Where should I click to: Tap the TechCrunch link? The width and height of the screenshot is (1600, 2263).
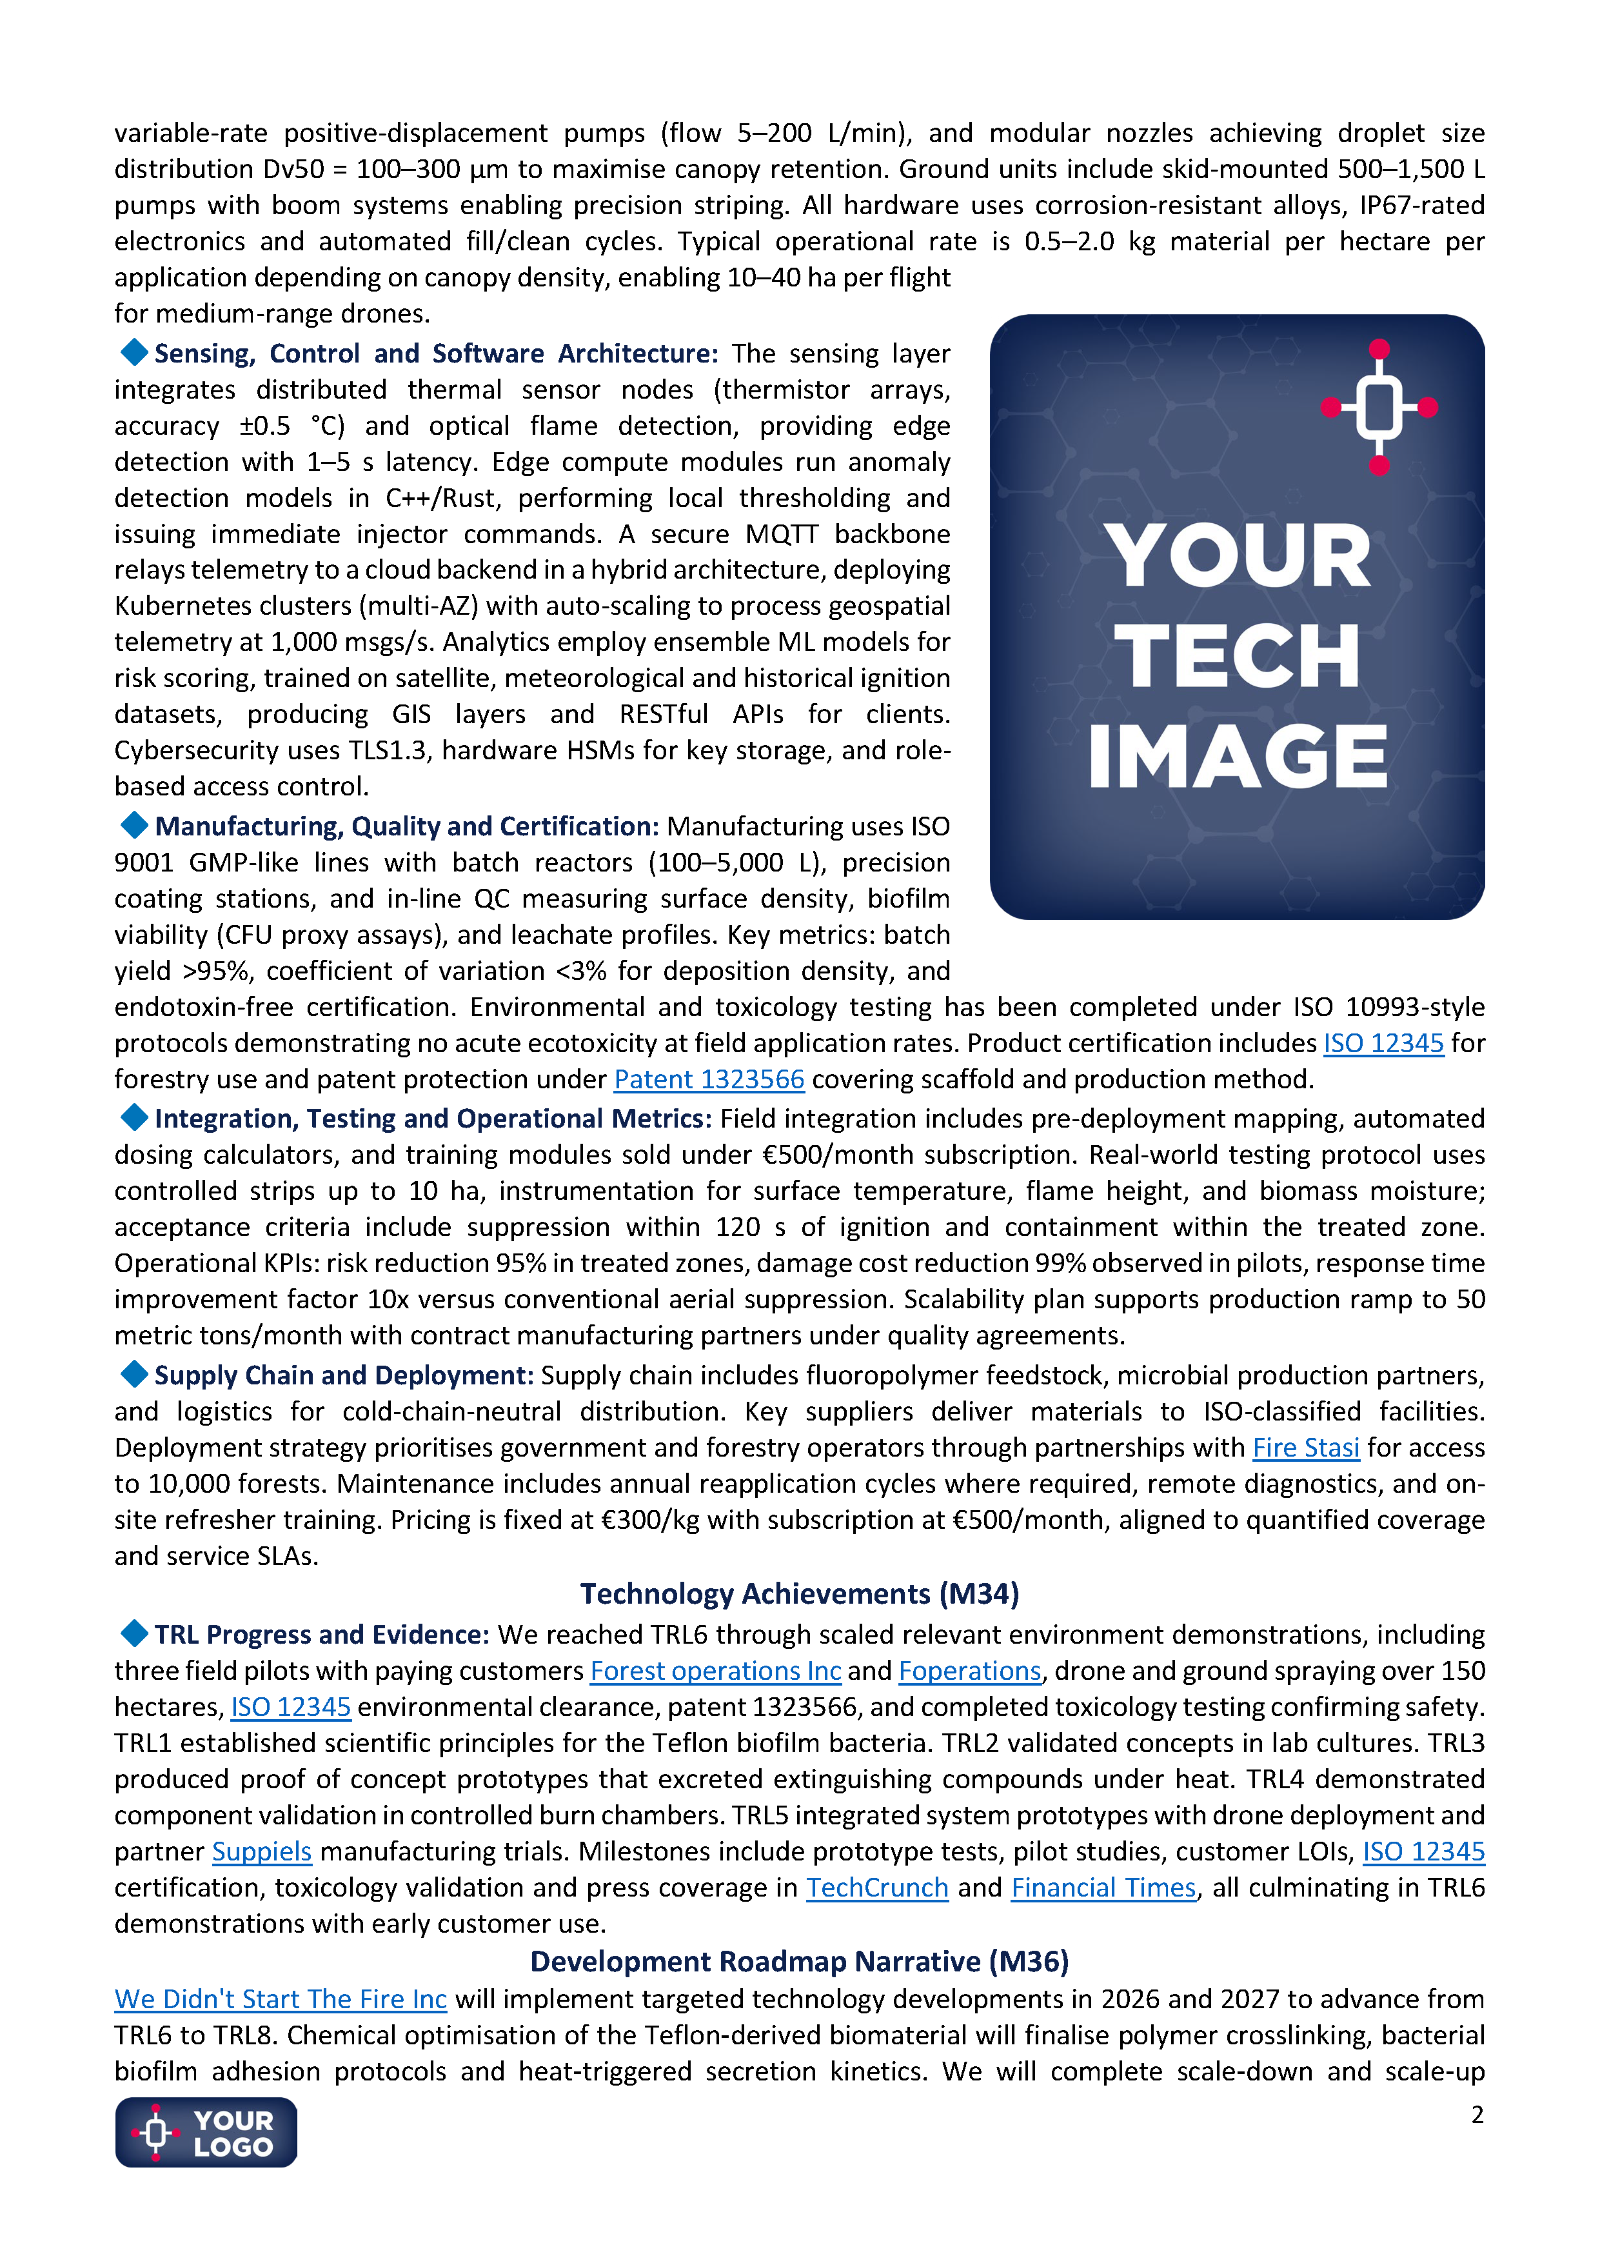[877, 1888]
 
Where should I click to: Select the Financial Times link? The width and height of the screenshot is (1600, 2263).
[1103, 1888]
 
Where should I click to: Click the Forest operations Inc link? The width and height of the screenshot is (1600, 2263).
[715, 1671]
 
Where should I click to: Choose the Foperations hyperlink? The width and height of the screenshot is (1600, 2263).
[969, 1671]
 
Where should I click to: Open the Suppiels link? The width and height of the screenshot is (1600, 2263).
[262, 1852]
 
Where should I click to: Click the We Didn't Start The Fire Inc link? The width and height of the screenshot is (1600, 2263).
[281, 1999]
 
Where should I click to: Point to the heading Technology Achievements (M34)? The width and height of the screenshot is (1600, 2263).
[799, 1594]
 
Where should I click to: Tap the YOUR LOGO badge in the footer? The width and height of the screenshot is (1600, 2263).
[206, 2133]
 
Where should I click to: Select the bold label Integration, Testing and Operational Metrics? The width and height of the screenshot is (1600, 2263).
[433, 1119]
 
